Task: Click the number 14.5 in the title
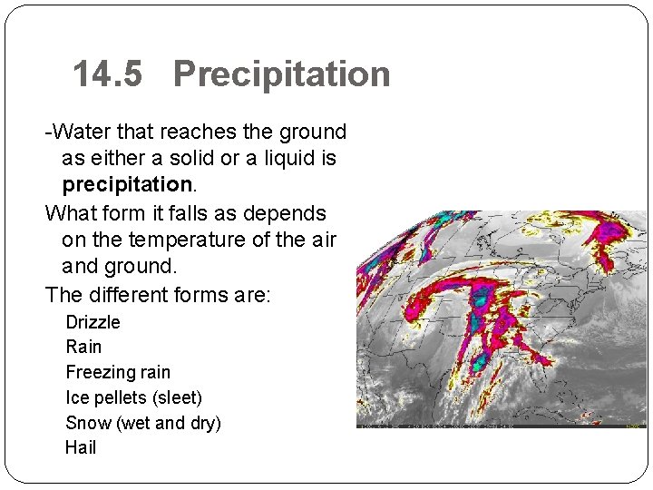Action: tap(108, 74)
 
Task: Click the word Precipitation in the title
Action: tap(281, 74)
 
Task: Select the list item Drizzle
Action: tap(93, 322)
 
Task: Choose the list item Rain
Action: tap(84, 347)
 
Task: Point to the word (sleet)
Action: tap(178, 397)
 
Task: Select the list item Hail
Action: tap(81, 447)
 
